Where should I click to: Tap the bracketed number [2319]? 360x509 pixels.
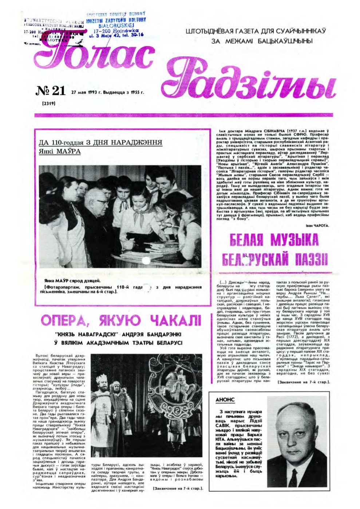click(48, 103)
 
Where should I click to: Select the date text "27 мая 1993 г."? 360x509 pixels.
click(87, 92)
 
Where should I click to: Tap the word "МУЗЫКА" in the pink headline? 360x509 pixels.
click(294, 240)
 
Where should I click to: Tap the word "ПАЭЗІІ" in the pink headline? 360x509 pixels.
click(309, 260)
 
